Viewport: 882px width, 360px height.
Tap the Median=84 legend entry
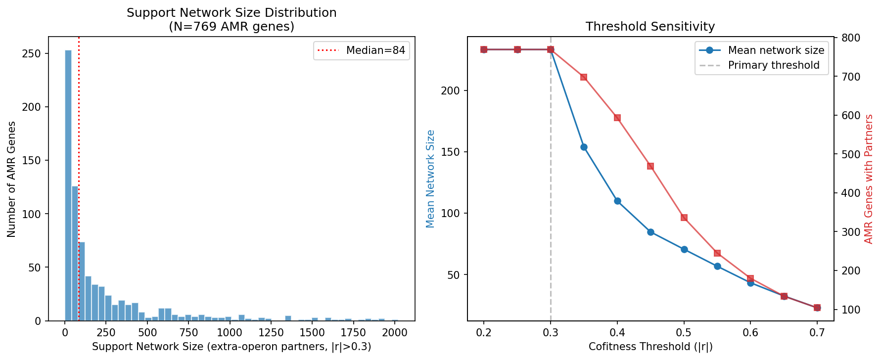tap(362, 50)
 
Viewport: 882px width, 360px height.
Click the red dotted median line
tap(79, 148)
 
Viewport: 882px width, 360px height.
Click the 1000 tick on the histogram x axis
tap(230, 333)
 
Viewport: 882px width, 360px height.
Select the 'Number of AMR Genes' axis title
tap(11, 179)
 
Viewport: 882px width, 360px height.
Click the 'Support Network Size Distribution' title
tap(232, 13)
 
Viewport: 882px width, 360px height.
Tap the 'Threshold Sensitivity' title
tap(650, 27)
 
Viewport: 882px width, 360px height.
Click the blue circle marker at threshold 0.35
tap(584, 147)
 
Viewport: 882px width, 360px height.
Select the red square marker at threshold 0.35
tap(584, 77)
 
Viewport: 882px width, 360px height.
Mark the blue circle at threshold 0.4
tap(617, 201)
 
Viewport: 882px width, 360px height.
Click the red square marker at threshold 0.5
tap(684, 218)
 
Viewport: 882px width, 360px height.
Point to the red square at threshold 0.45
tap(650, 166)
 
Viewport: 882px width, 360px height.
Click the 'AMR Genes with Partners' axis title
tap(869, 179)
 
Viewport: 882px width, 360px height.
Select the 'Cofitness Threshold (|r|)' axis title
tap(650, 347)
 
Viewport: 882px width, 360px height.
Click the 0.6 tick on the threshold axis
tap(750, 333)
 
